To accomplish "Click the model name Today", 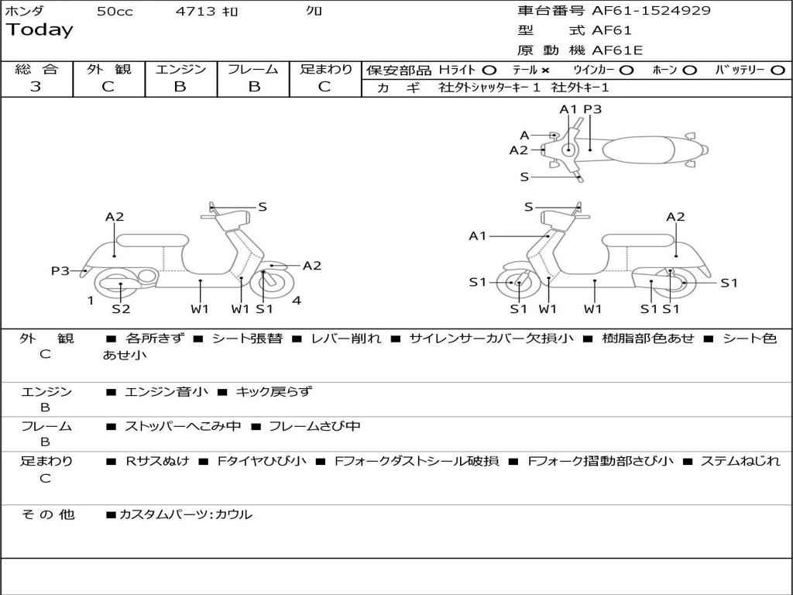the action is pos(39,30).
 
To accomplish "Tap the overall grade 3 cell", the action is pos(36,87).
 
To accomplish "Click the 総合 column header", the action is pos(36,70).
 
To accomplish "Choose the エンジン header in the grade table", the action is pos(180,70).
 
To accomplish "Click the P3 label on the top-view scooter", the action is pos(592,109).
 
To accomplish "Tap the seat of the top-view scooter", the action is pos(643,149).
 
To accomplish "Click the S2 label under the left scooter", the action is pos(121,309).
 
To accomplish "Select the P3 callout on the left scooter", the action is pos(60,270).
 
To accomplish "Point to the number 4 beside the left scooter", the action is pos(297,301).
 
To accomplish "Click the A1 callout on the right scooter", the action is pos(478,236).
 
